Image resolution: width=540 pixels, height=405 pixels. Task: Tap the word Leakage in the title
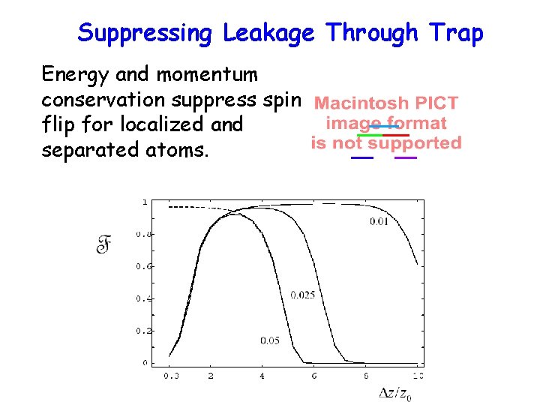[268, 33]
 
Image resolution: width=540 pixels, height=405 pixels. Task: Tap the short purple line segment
[406, 158]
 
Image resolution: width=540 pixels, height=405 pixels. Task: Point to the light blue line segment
[385, 127]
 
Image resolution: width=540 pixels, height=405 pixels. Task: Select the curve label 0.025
[302, 295]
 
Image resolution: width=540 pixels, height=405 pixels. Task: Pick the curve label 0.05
[270, 340]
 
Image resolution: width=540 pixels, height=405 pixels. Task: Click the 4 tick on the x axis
[262, 375]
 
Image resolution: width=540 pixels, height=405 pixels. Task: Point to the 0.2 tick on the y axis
[142, 331]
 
